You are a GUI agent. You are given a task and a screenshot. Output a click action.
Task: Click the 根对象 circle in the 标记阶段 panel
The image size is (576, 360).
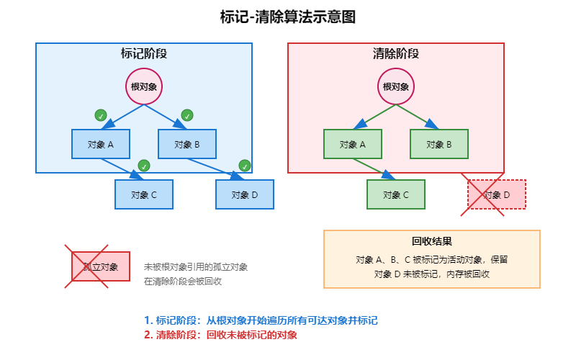tap(144, 86)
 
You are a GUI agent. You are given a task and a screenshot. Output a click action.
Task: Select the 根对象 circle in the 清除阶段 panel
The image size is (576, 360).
tap(396, 86)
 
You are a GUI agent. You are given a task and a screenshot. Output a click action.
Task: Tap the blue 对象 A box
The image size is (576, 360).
tap(101, 144)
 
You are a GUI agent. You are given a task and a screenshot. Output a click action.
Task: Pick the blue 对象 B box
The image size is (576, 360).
tap(187, 144)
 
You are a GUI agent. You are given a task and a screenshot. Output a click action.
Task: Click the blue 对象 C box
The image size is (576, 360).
tap(144, 194)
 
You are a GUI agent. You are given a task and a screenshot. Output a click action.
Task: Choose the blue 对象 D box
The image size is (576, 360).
tap(245, 194)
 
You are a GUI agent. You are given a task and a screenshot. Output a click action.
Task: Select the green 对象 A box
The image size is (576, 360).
tap(353, 144)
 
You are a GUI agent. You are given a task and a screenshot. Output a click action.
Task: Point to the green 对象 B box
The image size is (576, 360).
tap(439, 144)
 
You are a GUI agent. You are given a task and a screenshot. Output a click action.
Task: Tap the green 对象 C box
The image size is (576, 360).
tap(396, 194)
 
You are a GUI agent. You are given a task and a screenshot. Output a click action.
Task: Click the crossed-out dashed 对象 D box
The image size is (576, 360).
tap(497, 194)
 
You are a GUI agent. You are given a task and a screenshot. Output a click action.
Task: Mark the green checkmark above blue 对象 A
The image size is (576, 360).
tap(101, 115)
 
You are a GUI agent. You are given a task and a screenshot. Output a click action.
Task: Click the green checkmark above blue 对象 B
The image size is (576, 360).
tap(187, 115)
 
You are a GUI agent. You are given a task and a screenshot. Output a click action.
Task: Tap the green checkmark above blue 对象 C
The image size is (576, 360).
tap(144, 166)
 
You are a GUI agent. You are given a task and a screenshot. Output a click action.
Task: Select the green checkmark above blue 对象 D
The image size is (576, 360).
tap(245, 166)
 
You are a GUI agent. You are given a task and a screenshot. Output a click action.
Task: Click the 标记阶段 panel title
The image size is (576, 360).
tap(144, 54)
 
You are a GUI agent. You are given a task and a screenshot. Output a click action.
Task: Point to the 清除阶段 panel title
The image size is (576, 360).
tap(396, 54)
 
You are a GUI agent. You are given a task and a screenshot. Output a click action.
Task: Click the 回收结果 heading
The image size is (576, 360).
tap(432, 242)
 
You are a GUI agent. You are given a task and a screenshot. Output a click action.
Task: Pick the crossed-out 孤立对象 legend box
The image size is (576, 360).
tap(101, 266)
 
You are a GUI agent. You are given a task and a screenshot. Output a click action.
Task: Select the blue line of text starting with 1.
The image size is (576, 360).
tap(261, 320)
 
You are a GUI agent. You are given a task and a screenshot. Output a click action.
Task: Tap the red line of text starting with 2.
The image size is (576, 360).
tap(220, 335)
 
